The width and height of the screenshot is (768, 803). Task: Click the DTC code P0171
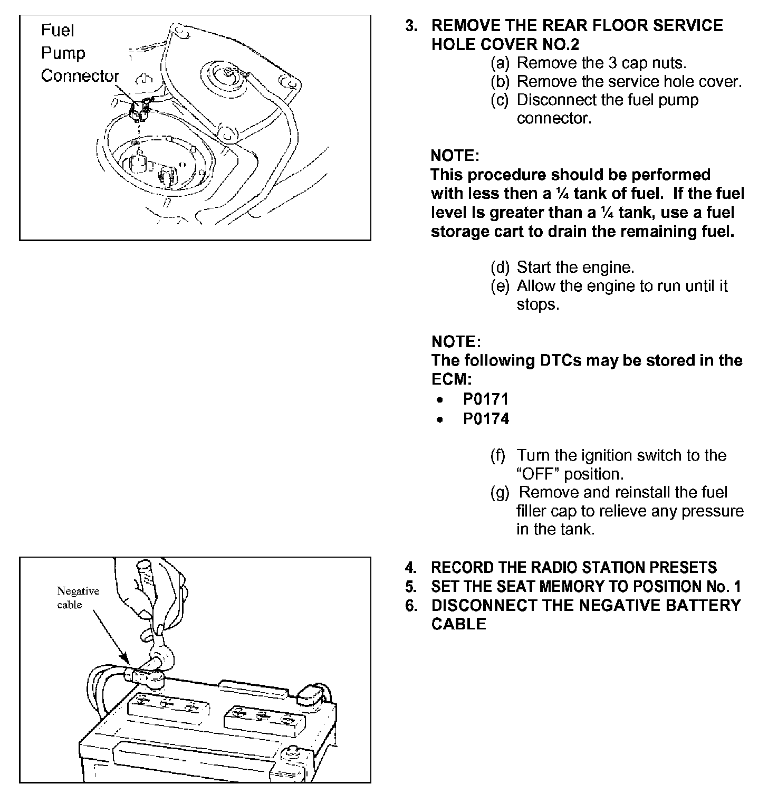pos(485,399)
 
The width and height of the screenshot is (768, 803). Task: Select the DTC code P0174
pos(485,419)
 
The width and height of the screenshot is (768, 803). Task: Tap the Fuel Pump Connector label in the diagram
pos(79,53)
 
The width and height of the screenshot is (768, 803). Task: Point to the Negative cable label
pos(78,598)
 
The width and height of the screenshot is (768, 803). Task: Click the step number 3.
pos(411,26)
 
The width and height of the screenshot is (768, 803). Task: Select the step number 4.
pos(410,568)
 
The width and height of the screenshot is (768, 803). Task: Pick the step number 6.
pos(410,606)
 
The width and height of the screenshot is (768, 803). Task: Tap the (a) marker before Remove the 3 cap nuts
pos(500,63)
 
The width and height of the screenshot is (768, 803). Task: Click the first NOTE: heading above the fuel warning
pos(455,156)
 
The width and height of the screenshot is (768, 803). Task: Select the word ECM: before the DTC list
pos(452,379)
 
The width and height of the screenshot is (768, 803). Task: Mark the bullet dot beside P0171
pos(439,400)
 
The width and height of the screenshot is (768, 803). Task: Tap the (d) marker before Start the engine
pos(500,267)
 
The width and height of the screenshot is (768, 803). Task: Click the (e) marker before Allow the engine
pos(500,286)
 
